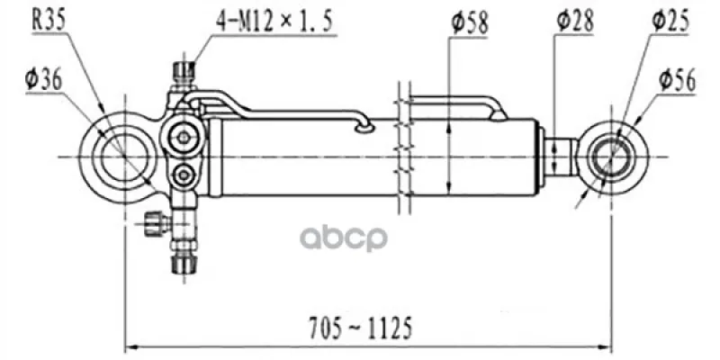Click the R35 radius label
[49, 21]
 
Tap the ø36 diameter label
[43, 81]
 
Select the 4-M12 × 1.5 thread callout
[274, 22]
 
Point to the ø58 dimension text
[469, 23]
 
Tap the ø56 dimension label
[678, 81]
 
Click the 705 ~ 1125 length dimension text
[360, 328]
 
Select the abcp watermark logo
[344, 238]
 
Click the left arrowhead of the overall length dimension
[131, 346]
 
